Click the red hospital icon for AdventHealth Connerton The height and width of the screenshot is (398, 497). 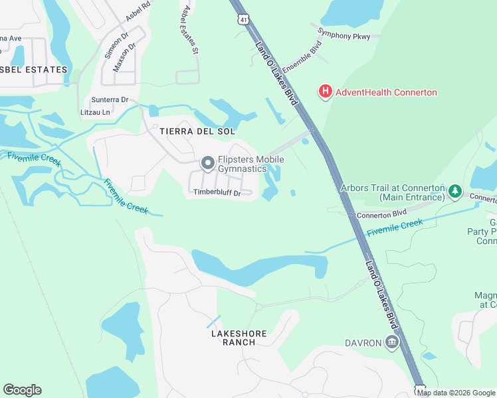(325, 92)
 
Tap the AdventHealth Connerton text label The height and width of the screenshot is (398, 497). (386, 92)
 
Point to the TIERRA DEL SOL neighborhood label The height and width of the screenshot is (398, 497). (197, 131)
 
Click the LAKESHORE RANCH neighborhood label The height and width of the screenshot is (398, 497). (233, 337)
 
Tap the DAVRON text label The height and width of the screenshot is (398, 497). (363, 342)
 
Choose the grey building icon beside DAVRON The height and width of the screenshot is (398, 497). (392, 342)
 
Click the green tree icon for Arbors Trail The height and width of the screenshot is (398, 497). (454, 192)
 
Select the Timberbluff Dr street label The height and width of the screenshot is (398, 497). (216, 192)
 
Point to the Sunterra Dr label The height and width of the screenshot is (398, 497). (108, 100)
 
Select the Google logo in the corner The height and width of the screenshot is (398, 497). (22, 390)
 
